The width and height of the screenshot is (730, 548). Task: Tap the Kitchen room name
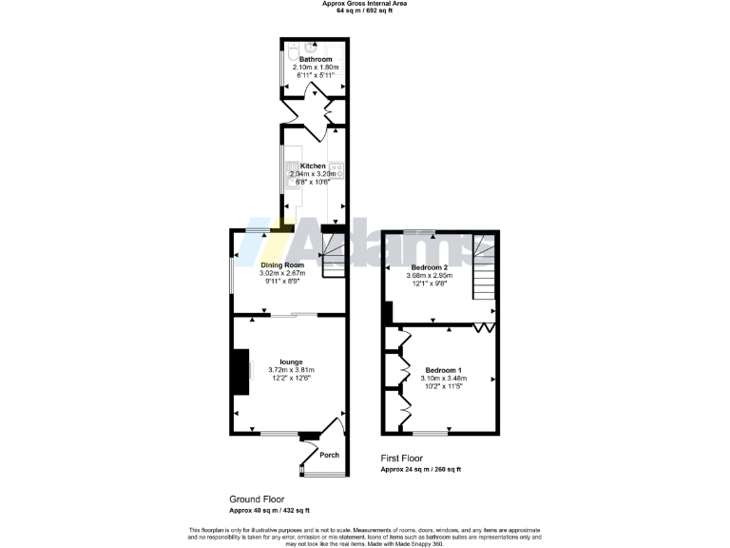[x=313, y=166]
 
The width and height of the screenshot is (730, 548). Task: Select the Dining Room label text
[x=281, y=264]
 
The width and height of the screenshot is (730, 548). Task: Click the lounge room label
[x=291, y=362]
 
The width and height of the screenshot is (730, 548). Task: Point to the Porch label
[x=329, y=455]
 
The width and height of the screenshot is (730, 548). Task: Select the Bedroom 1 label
[x=443, y=369]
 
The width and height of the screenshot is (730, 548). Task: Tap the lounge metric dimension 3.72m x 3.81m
[x=291, y=370]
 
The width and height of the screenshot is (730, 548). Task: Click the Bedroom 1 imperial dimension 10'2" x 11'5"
[x=443, y=386]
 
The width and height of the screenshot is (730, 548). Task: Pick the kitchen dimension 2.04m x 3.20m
[x=313, y=174]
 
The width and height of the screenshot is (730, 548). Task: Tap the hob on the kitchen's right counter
[x=336, y=171]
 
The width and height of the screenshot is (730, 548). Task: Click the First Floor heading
[x=402, y=458]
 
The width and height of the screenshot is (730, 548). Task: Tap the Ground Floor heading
[x=257, y=499]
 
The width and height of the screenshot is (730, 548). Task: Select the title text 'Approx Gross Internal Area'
[x=365, y=4]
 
